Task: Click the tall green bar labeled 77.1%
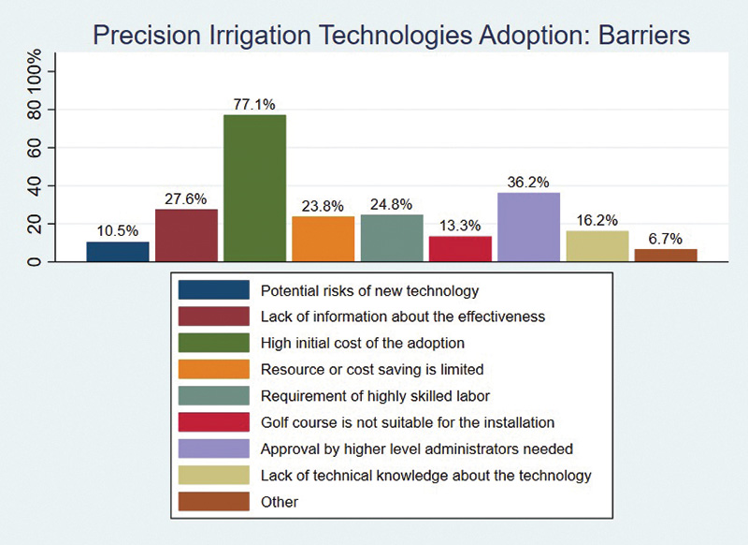(x=254, y=187)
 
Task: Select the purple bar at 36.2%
(x=528, y=227)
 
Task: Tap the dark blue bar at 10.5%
(x=118, y=251)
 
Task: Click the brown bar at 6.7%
(x=666, y=255)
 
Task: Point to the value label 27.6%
(x=186, y=199)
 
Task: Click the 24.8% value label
(x=392, y=205)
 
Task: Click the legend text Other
(x=280, y=502)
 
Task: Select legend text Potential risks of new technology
(x=369, y=289)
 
